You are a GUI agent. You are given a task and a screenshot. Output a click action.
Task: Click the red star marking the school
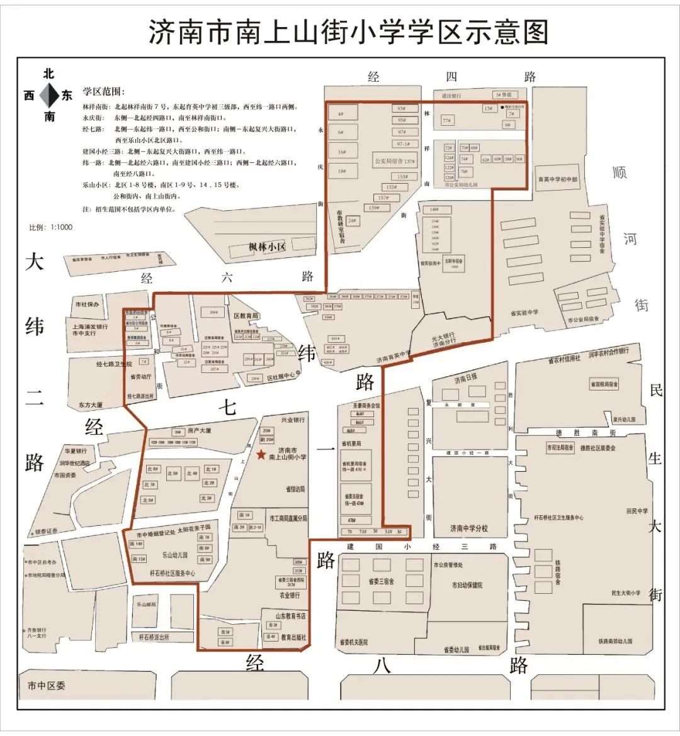(261, 454)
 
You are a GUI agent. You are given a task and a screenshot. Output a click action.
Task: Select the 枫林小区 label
(267, 247)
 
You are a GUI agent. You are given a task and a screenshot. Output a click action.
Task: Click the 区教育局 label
(246, 315)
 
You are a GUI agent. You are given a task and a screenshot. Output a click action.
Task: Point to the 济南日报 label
(466, 379)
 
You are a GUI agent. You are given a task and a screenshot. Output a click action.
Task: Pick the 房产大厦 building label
(200, 431)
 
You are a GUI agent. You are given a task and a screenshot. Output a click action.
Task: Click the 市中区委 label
(46, 685)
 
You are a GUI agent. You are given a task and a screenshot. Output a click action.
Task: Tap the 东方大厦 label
(91, 405)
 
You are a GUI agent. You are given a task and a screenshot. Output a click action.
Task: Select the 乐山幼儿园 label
(175, 555)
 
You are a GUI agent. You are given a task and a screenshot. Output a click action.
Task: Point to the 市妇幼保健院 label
(467, 585)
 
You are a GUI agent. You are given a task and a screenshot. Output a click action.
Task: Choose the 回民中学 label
(637, 511)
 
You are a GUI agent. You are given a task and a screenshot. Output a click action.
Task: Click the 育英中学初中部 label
(557, 179)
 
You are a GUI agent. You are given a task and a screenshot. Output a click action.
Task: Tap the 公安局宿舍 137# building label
(395, 162)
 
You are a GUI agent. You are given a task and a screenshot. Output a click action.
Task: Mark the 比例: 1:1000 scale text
(51, 227)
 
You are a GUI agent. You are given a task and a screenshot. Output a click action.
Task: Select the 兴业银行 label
(293, 420)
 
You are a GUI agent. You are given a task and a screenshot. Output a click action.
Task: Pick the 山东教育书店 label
(290, 615)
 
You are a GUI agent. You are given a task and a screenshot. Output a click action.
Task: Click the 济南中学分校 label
(468, 528)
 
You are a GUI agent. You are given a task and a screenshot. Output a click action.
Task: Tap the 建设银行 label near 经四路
(451, 96)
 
